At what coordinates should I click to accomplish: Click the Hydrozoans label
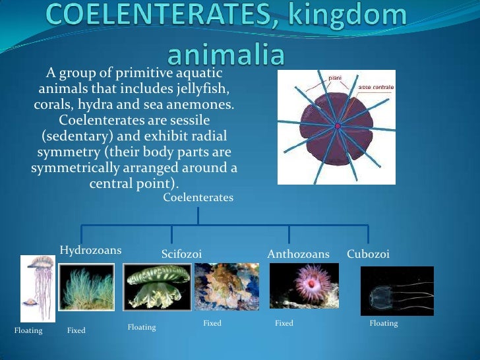coord(91,251)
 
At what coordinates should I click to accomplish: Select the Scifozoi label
coord(181,254)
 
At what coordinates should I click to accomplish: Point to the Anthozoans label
coord(298,254)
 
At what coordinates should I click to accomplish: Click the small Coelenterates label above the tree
coord(198,197)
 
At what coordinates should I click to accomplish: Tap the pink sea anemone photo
coord(304,286)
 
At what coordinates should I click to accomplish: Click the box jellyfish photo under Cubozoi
coord(397,291)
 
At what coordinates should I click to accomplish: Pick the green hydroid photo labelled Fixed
coord(86,287)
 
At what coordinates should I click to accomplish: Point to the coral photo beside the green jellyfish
coord(227,286)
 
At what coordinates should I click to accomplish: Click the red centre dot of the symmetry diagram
coord(338,126)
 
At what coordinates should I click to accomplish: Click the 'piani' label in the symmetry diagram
coord(335,77)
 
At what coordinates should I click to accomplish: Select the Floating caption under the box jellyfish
coord(384,324)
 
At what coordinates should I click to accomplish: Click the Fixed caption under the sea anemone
coord(284,324)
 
